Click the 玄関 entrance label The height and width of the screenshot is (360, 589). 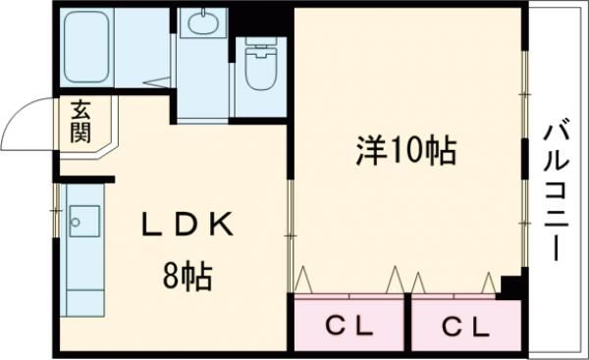tap(80, 120)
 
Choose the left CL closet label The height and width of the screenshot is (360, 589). tap(348, 326)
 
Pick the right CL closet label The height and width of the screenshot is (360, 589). tap(464, 326)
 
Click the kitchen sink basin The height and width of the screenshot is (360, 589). tap(80, 220)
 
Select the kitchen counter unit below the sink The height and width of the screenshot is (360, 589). tap(80, 280)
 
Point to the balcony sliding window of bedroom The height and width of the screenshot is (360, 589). tap(524, 157)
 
